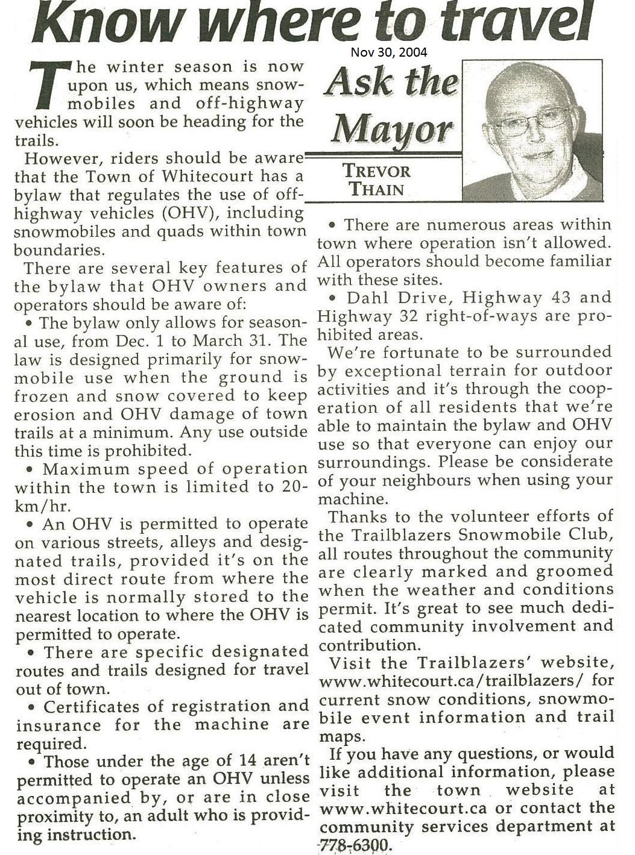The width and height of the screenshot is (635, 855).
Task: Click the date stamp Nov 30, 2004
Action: pos(389,52)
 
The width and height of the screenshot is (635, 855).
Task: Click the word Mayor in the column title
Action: pos(392,127)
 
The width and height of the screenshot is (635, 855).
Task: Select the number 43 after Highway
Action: pos(547,298)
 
